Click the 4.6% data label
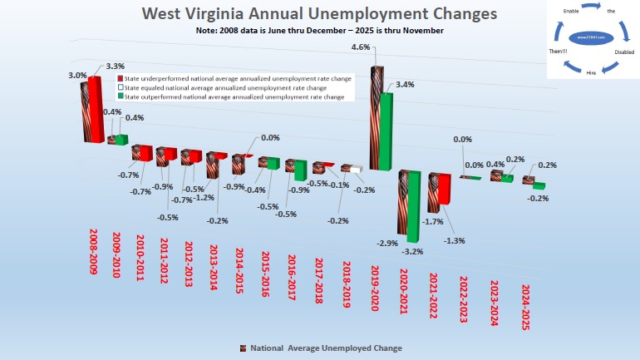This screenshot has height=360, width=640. [361, 47]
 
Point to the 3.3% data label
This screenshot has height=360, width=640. [116, 66]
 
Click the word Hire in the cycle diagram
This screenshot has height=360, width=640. [591, 72]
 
